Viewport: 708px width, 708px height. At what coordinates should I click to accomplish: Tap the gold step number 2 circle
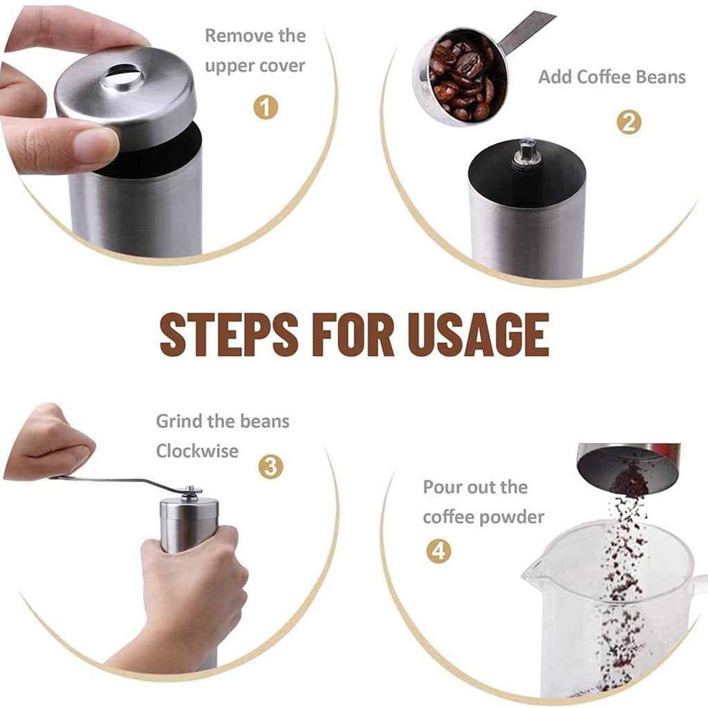628,122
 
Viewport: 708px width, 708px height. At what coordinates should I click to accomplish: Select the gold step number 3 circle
270,467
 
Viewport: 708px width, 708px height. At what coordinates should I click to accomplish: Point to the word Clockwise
197,451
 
